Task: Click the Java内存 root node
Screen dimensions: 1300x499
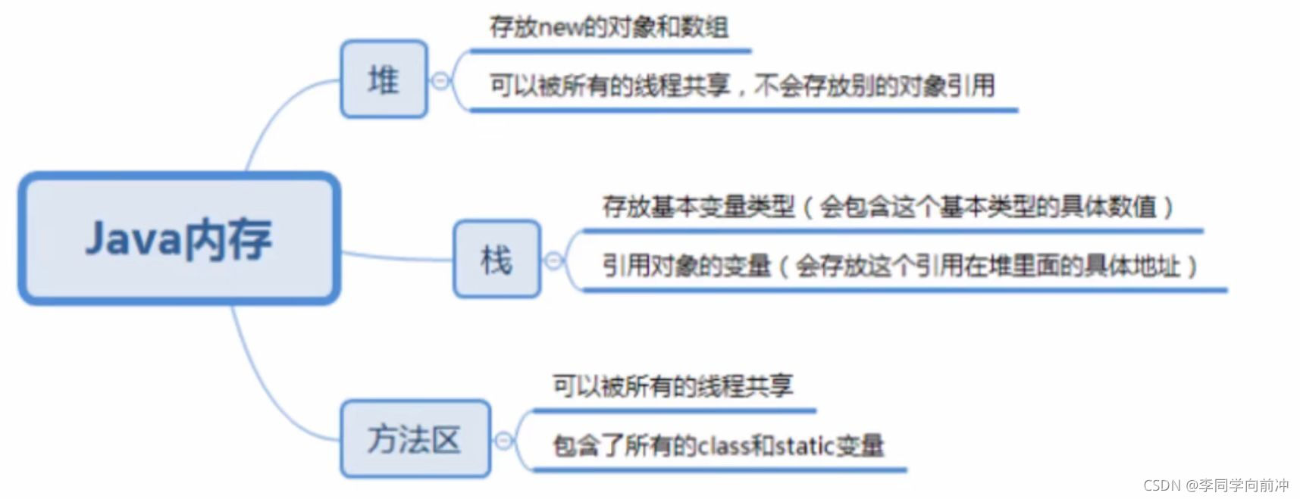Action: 179,239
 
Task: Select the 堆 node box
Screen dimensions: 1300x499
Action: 384,80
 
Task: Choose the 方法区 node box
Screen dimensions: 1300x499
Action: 415,439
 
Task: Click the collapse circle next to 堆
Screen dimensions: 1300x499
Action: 440,80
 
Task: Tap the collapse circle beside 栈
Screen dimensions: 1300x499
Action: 553,260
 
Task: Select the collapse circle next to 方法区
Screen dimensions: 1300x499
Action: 503,440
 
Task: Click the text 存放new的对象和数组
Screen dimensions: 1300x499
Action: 609,28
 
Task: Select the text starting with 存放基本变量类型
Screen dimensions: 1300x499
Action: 887,207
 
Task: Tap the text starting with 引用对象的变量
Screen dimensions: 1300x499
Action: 898,266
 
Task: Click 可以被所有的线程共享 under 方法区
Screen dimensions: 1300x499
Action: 672,387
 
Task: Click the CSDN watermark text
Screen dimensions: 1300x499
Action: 1215,485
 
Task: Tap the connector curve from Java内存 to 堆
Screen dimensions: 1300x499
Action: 277,114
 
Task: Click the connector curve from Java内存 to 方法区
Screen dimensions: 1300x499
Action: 265,386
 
